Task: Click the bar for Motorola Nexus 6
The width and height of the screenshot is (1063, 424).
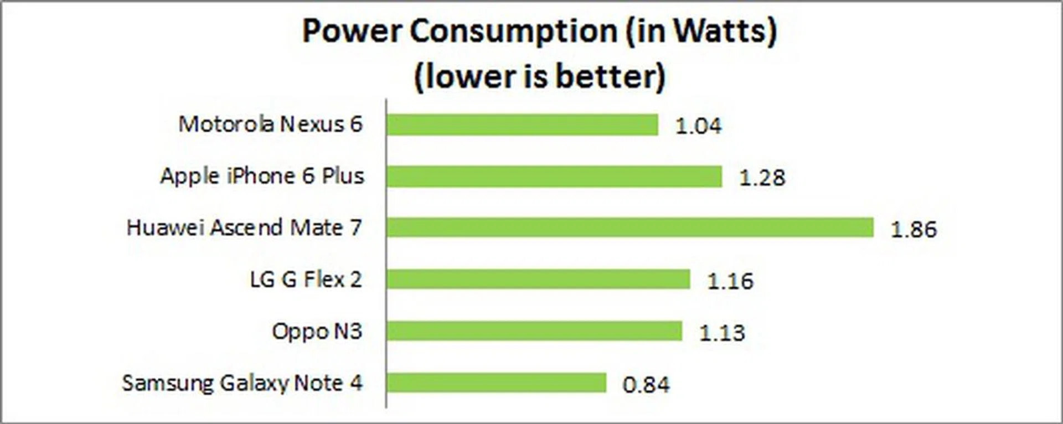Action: [x=522, y=125]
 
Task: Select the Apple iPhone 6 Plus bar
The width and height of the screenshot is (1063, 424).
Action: [x=554, y=177]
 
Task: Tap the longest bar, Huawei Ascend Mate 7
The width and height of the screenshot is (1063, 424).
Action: [x=629, y=227]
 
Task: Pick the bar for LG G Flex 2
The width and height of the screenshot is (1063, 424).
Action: [x=538, y=279]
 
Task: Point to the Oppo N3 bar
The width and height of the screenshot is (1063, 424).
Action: [x=534, y=331]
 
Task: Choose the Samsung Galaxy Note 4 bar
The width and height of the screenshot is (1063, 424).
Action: [x=496, y=382]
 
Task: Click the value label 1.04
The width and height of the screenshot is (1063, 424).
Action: [x=698, y=126]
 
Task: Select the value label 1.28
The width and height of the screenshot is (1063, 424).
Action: [x=762, y=178]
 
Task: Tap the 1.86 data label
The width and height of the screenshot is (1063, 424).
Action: [x=913, y=229]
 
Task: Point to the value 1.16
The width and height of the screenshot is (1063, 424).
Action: [x=730, y=281]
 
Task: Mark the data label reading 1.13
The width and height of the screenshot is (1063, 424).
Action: [x=722, y=333]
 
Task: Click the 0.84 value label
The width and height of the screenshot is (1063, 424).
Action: [x=646, y=384]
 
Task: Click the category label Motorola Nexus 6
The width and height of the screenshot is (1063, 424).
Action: [x=270, y=124]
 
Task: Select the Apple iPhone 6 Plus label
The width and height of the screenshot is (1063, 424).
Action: [x=262, y=176]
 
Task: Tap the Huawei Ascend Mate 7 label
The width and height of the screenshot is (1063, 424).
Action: [x=244, y=227]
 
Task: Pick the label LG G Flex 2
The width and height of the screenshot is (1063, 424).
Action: [x=306, y=279]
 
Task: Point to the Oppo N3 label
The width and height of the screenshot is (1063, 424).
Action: [x=317, y=331]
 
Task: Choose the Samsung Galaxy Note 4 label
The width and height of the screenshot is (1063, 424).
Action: [x=242, y=383]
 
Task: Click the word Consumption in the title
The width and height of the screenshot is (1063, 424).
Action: [x=513, y=31]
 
